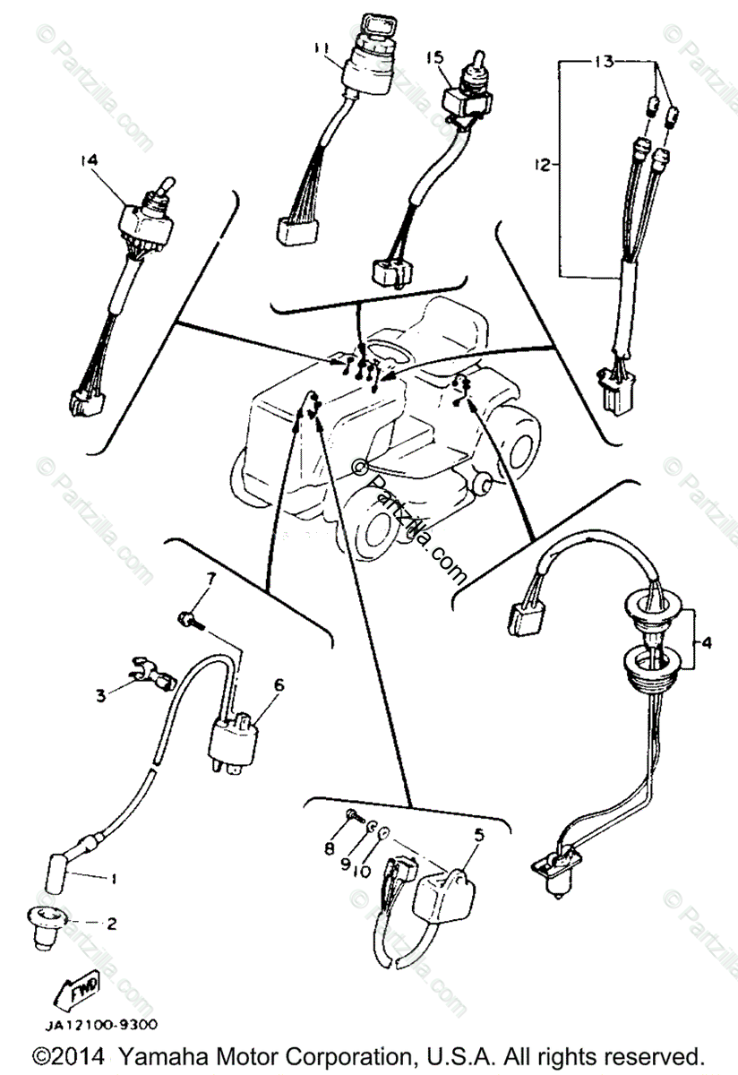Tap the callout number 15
[x=435, y=58]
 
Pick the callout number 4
[x=707, y=641]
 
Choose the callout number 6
[x=279, y=684]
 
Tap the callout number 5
[x=477, y=835]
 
